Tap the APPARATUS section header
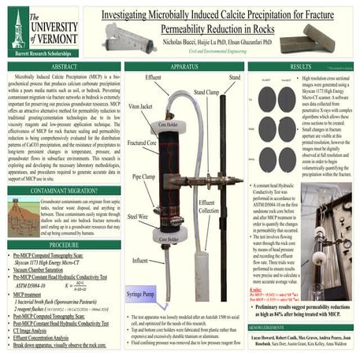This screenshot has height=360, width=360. pyautogui.click(x=182, y=67)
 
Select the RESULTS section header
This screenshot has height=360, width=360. pyautogui.click(x=303, y=67)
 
